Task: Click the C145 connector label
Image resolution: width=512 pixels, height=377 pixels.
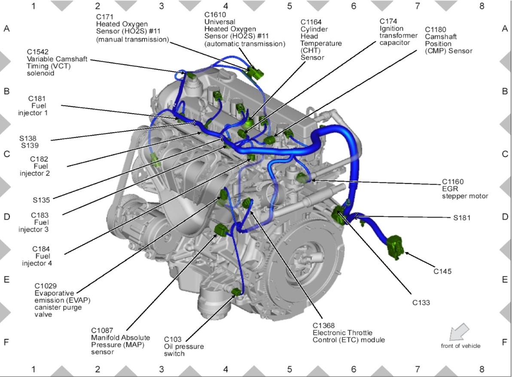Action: [x=442, y=271]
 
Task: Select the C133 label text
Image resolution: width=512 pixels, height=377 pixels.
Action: [x=421, y=302]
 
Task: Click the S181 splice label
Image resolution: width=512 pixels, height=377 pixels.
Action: [x=462, y=217]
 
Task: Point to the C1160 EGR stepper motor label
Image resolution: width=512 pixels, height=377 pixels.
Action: [x=465, y=189]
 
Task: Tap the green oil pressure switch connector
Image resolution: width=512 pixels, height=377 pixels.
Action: [x=236, y=293]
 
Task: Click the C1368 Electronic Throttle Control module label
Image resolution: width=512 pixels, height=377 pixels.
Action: [x=348, y=332]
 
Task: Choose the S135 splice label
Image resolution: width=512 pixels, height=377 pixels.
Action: [x=41, y=199]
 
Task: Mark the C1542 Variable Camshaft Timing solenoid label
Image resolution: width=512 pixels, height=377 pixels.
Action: [x=57, y=66]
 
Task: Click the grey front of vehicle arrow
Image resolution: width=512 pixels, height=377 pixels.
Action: [x=459, y=332]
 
